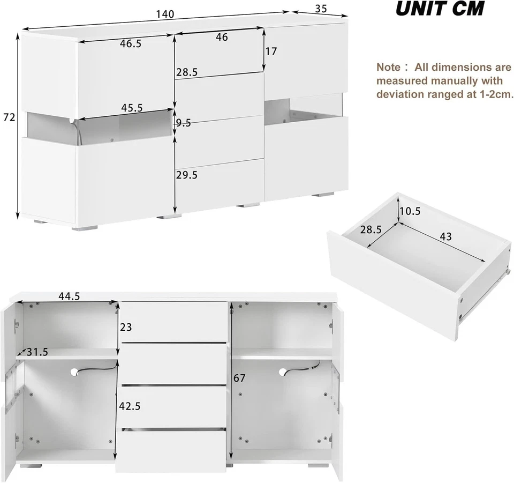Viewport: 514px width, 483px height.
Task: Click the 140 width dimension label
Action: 165,14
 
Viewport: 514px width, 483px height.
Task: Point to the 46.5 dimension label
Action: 131,44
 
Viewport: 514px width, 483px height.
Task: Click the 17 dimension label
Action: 271,51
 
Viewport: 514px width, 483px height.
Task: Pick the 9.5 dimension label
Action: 183,123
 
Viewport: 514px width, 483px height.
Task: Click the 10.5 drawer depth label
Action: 410,211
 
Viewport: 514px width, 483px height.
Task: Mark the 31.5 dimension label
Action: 37,352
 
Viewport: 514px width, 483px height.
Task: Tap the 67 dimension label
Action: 239,378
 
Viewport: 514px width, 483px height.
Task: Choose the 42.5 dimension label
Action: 130,406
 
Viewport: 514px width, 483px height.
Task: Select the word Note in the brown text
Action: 388,68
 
